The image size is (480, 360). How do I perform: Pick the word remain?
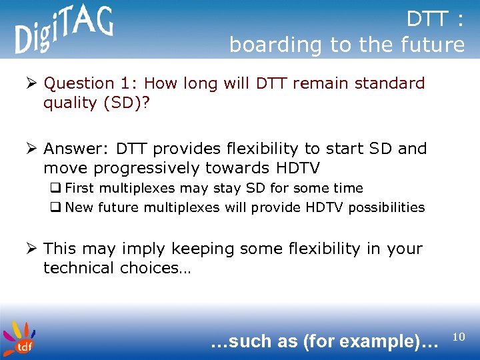click(x=321, y=83)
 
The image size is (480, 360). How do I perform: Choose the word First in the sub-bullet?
click(x=79, y=188)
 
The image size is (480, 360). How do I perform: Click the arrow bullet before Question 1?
click(x=31, y=83)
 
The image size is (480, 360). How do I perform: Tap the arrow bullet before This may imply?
click(x=31, y=249)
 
